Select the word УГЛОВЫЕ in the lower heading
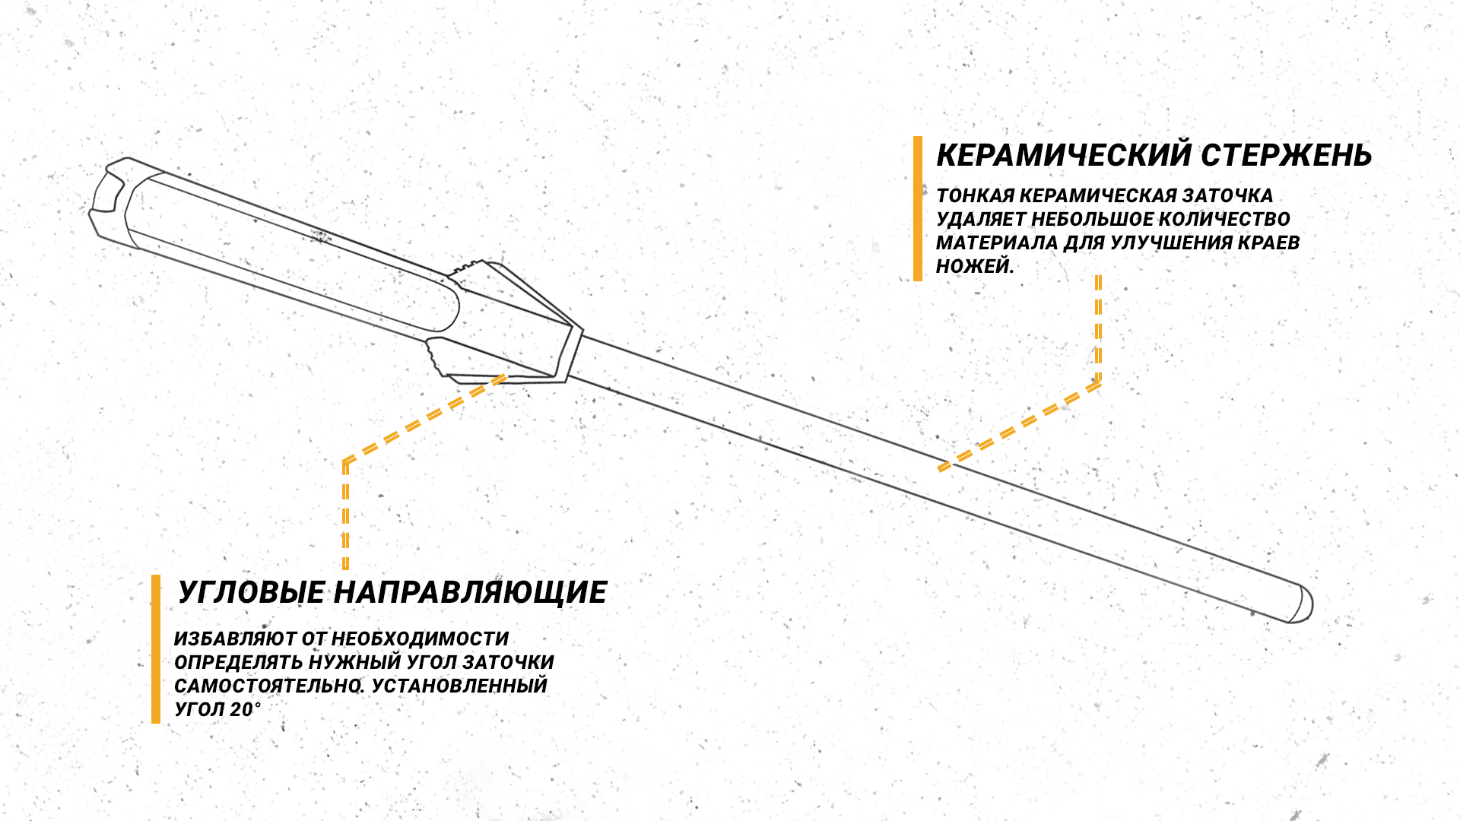pyautogui.click(x=252, y=592)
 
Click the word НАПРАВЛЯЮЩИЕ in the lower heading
pyautogui.click(x=470, y=592)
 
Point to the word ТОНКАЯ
pyautogui.click(x=975, y=195)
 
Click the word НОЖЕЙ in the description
pyautogui.click(x=975, y=266)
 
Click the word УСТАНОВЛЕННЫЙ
pyautogui.click(x=460, y=686)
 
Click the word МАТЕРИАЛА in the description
pyautogui.click(x=997, y=242)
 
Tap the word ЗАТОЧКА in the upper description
pyautogui.click(x=1228, y=195)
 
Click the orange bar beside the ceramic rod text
pyautogui.click(x=918, y=208)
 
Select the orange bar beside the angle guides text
pyautogui.click(x=156, y=648)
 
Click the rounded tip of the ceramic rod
pyautogui.click(x=1301, y=604)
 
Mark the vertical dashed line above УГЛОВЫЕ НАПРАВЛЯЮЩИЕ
pyautogui.click(x=346, y=515)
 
